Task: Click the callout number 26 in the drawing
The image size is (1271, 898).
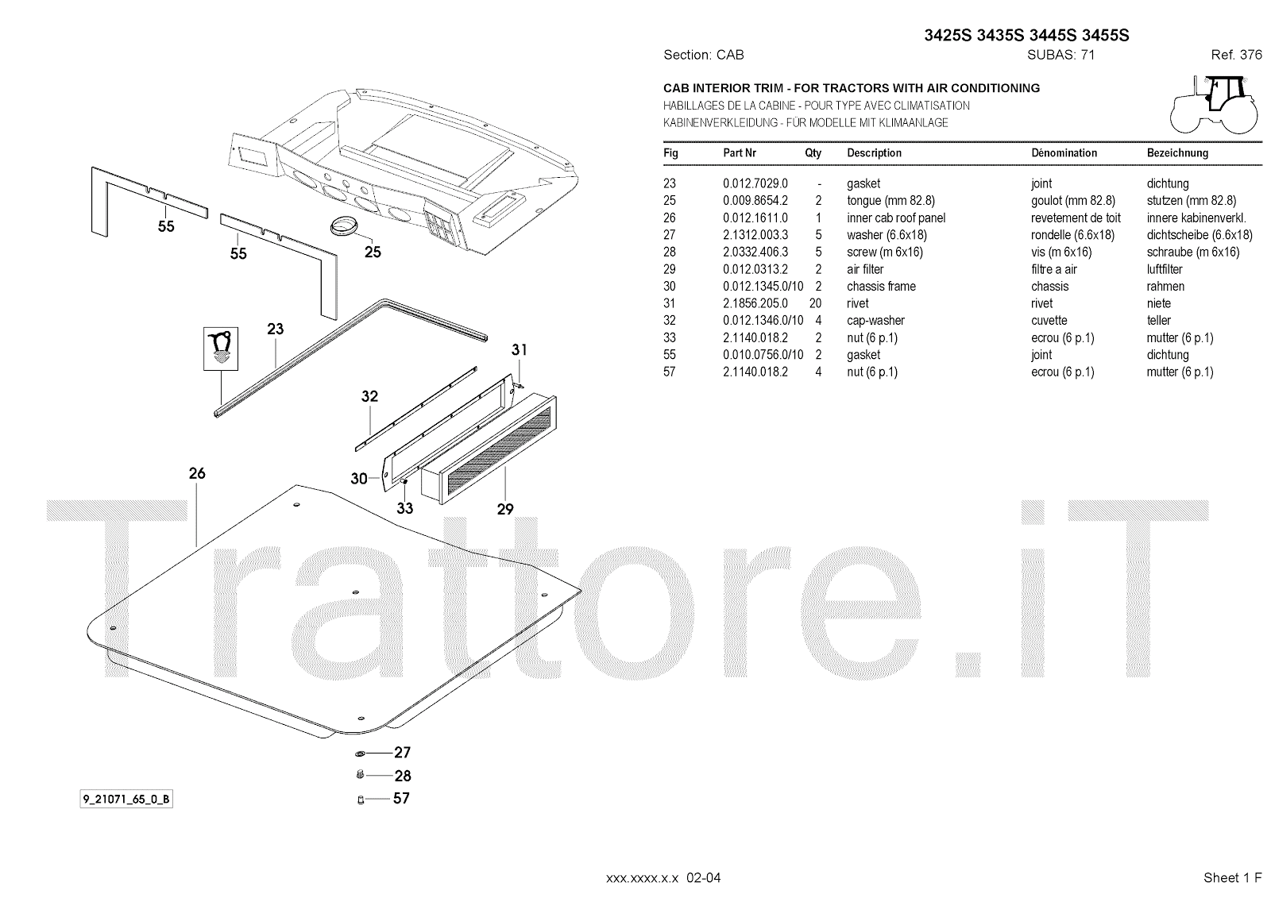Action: (x=197, y=473)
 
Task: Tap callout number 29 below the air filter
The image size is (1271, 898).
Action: (x=505, y=509)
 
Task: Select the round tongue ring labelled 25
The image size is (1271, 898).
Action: (x=344, y=225)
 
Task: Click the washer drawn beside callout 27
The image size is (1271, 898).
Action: (x=359, y=753)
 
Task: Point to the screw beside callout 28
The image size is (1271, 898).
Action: (x=359, y=775)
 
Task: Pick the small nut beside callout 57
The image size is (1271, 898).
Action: (x=360, y=799)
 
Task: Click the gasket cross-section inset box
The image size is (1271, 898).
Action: (x=219, y=346)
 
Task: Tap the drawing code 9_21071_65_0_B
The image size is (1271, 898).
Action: (x=126, y=800)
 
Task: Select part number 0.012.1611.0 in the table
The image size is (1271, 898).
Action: (x=755, y=218)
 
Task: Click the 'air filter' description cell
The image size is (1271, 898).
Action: (x=865, y=269)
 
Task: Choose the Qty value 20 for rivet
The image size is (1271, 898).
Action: (x=815, y=303)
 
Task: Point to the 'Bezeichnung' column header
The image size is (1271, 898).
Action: (x=1177, y=152)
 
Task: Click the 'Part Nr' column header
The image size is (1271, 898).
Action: (x=739, y=152)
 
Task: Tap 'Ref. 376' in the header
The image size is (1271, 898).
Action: (x=1236, y=55)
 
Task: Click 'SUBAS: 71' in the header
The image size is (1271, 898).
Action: (x=1060, y=55)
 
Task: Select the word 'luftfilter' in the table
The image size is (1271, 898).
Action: (x=1165, y=269)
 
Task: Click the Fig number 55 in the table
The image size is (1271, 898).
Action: (x=670, y=355)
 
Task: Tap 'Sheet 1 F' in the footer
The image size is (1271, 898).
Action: (x=1232, y=877)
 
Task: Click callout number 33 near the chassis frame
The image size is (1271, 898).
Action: (x=405, y=508)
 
